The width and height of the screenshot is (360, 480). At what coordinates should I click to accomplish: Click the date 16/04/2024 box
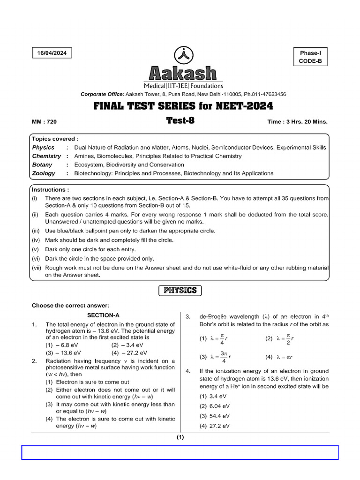(52, 53)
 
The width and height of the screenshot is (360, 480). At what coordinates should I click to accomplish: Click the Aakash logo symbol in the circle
(183, 55)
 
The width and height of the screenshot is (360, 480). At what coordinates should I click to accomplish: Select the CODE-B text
(310, 61)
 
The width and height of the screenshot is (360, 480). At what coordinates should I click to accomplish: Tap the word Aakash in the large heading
(183, 74)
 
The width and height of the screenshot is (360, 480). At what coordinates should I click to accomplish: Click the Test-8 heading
(180, 120)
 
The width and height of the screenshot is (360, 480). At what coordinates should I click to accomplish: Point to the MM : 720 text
(44, 122)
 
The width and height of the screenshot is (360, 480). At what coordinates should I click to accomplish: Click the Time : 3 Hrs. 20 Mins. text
(297, 122)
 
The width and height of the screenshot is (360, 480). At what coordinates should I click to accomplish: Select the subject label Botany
(42, 165)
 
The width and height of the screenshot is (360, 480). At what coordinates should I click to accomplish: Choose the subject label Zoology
(44, 173)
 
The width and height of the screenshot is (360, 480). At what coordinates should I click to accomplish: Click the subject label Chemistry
(46, 156)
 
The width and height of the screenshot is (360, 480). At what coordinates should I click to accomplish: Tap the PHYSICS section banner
(180, 291)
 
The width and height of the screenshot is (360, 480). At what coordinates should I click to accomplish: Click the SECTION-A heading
(104, 315)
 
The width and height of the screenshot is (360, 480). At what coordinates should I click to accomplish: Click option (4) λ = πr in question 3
(282, 357)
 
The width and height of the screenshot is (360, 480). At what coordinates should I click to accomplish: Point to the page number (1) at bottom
(180, 437)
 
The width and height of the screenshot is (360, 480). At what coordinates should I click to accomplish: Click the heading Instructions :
(51, 190)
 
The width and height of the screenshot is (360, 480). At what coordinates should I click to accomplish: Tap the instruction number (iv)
(37, 240)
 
